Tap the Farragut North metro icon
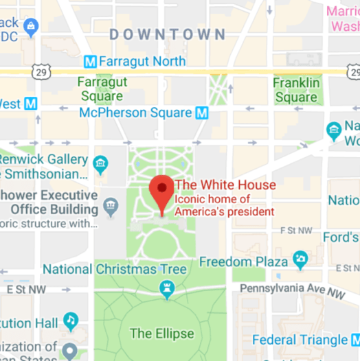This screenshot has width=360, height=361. click(90, 61)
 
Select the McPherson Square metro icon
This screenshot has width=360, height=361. click(201, 112)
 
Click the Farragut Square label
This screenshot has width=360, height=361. click(101, 90)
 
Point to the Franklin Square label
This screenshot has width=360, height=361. click(296, 90)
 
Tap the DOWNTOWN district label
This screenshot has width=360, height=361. click(167, 34)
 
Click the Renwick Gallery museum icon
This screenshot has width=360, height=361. click(101, 163)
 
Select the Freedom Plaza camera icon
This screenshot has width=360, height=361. click(300, 259)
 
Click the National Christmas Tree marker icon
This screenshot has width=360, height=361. click(167, 291)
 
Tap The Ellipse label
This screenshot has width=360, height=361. click(162, 334)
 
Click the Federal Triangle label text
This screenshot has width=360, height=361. click(300, 340)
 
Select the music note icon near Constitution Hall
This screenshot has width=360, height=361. click(71, 321)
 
